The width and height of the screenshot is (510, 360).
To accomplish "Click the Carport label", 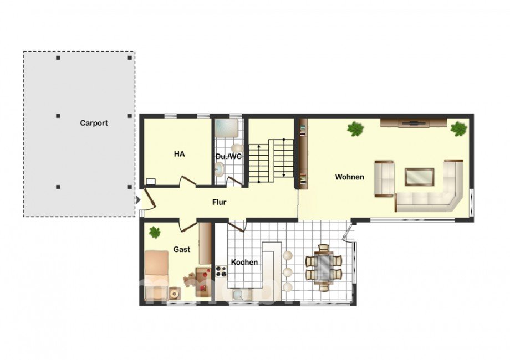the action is [94, 123].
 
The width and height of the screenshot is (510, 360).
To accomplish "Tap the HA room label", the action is [179, 153].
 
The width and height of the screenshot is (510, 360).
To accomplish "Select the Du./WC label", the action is [228, 157].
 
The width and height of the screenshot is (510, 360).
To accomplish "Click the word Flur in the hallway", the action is [219, 202].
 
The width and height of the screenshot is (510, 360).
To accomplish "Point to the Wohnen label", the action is [349, 177].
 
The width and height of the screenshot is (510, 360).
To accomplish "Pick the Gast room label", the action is [181, 250].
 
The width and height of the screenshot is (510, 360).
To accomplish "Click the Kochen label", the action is [244, 262].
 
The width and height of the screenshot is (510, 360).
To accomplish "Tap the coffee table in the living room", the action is [419, 177].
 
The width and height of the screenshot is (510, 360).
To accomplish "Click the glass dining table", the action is [323, 268].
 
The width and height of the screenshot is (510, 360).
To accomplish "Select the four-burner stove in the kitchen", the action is [221, 271].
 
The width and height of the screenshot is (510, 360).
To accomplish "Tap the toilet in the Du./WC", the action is [238, 148].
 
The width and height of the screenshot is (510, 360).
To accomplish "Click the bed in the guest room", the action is [156, 274].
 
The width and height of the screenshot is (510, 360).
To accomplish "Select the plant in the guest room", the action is [155, 232].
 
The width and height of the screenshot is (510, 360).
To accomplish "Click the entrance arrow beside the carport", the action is [137, 199].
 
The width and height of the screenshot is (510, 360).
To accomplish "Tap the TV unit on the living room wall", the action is [414, 123].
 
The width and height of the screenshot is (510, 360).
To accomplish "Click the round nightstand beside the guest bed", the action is [174, 294].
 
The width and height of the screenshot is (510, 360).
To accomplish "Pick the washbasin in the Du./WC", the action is [220, 169].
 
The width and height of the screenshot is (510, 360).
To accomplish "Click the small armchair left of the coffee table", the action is [384, 179].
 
